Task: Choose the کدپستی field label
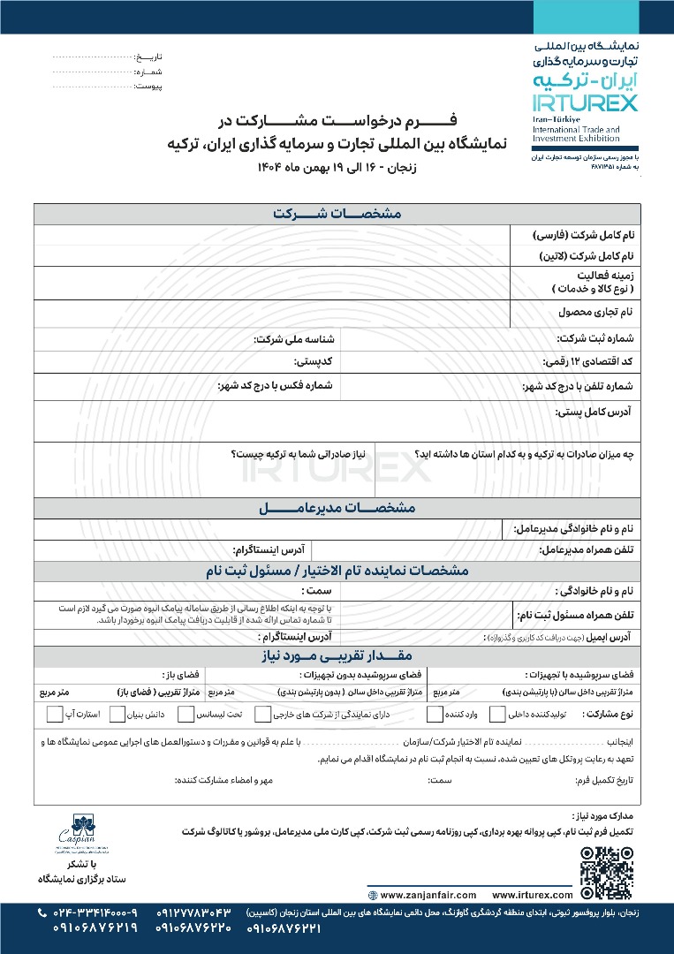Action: (x=312, y=362)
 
